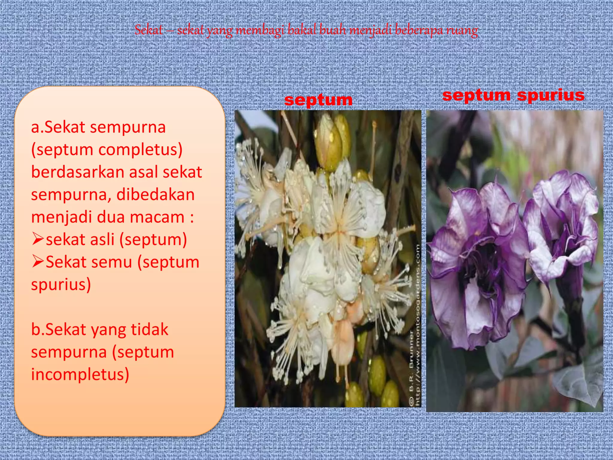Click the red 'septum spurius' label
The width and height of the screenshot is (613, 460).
(513, 95)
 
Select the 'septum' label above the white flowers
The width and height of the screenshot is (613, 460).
(318, 100)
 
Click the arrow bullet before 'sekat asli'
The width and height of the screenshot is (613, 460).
(38, 239)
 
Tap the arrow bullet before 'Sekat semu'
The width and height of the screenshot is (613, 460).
(38, 261)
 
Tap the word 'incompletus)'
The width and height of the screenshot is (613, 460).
(80, 374)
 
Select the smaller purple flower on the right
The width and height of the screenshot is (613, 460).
(560, 228)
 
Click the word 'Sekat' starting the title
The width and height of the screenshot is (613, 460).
(148, 31)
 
